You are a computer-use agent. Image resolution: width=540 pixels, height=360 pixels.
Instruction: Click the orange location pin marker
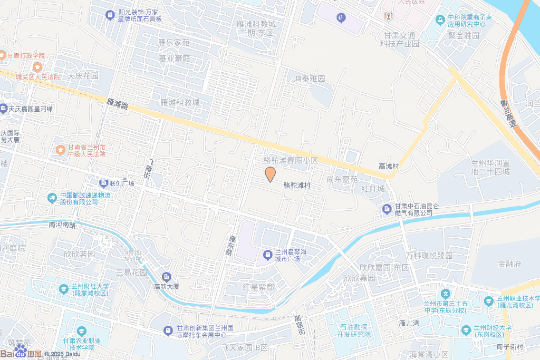(270, 174)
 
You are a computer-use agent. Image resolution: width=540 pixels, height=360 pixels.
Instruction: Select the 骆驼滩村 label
(297, 186)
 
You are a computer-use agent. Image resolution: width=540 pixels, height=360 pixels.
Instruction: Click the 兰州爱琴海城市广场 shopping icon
(268, 256)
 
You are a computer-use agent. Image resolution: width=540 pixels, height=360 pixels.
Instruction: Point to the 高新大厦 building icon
(167, 277)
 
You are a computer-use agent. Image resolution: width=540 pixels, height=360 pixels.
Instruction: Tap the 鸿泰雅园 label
(310, 79)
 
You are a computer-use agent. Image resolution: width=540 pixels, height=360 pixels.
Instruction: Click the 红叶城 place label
(373, 188)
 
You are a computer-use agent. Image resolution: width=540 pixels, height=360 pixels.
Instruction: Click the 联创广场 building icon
(103, 183)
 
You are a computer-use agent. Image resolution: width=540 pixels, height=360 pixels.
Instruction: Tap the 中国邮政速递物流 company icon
(52, 198)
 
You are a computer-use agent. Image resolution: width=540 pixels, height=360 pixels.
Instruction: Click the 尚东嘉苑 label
(342, 179)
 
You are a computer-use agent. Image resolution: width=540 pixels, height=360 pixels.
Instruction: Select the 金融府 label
(509, 264)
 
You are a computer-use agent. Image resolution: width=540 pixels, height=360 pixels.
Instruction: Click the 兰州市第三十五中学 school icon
(446, 293)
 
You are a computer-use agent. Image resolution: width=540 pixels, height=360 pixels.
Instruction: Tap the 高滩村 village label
(389, 166)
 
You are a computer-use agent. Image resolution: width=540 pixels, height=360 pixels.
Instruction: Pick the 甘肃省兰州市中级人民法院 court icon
(61, 151)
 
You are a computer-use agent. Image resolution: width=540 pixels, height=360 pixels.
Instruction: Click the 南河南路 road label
(62, 225)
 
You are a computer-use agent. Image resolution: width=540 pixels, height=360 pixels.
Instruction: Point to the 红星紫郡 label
(258, 287)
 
